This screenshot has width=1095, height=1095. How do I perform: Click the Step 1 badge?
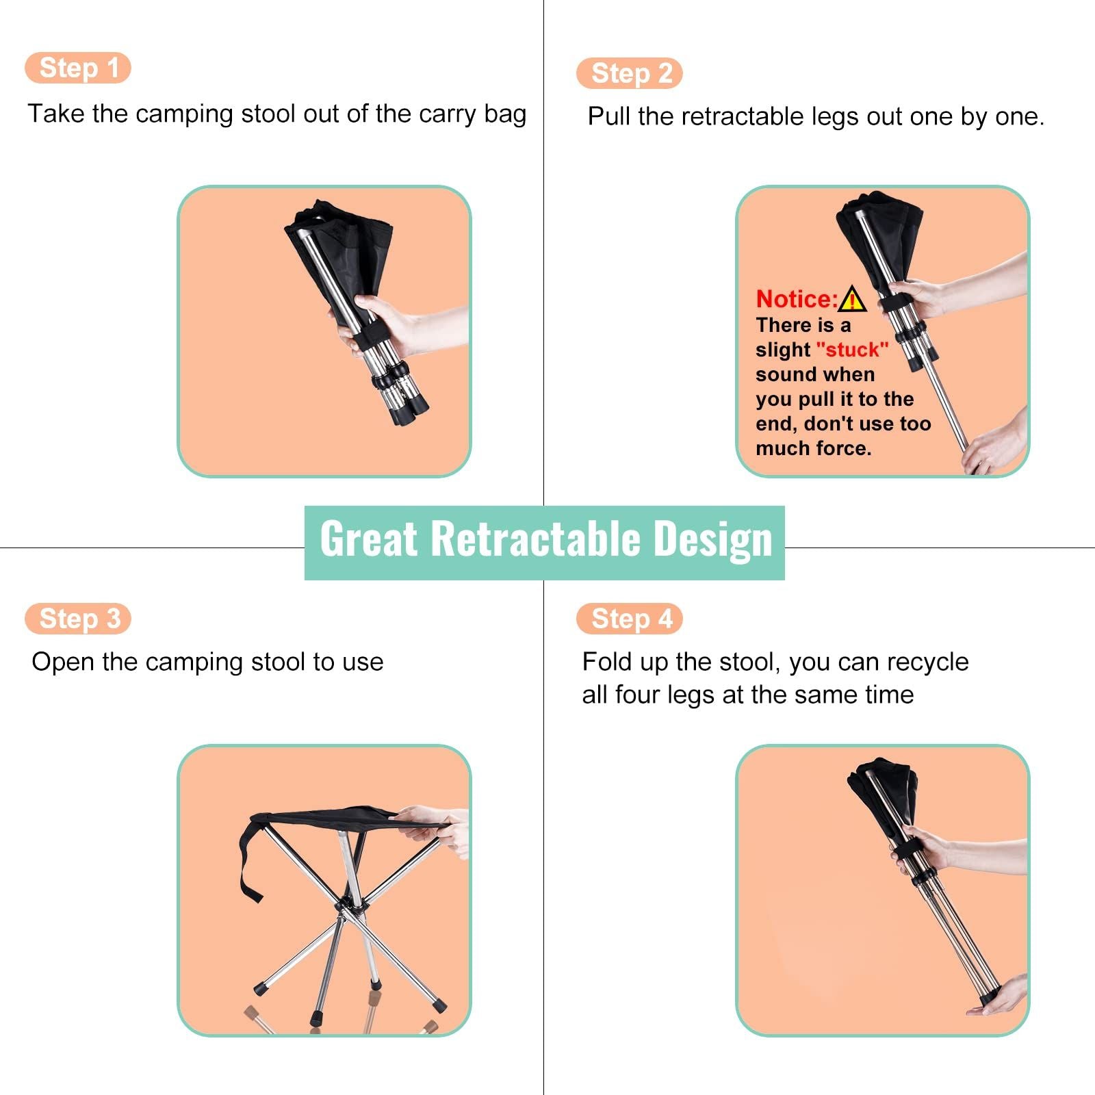point(78,68)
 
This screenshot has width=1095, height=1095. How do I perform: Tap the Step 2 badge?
point(630,73)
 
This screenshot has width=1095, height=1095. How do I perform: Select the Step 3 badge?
point(78,619)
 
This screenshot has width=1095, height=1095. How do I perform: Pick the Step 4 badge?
point(630,619)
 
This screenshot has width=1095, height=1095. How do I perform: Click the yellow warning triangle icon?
point(852,299)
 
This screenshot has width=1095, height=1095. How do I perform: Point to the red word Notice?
point(797,299)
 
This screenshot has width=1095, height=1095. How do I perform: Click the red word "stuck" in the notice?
point(852,350)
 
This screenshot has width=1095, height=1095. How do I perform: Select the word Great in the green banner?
point(368,539)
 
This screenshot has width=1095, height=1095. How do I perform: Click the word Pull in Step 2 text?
point(608,116)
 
